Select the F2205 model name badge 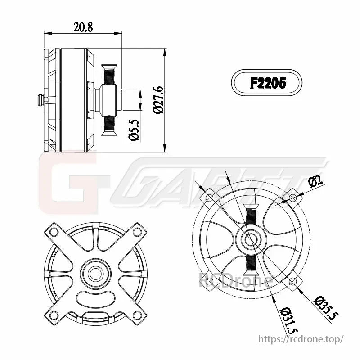[267, 83]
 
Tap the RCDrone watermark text [235, 282]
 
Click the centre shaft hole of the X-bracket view [95, 273]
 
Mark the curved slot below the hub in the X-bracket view [95, 297]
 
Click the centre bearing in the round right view [250, 240]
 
